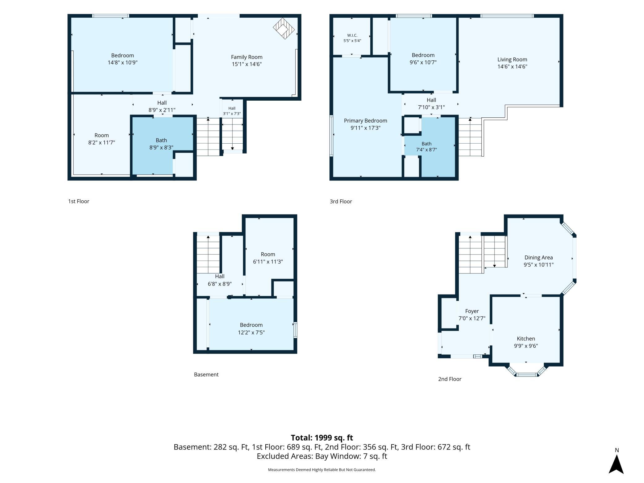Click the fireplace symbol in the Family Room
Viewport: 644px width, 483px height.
pyautogui.click(x=284, y=28)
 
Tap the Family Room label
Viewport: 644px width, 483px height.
pyautogui.click(x=247, y=57)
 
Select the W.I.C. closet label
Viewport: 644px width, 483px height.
pyautogui.click(x=352, y=35)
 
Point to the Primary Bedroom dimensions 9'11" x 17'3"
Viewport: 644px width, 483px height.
pyautogui.click(x=365, y=128)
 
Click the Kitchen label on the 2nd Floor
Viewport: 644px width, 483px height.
pyautogui.click(x=526, y=339)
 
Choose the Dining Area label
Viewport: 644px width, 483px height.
pyautogui.click(x=538, y=258)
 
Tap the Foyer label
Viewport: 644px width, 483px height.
pyautogui.click(x=472, y=311)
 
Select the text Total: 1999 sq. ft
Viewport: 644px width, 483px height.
pyautogui.click(x=322, y=437)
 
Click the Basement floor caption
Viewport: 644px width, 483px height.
pyautogui.click(x=206, y=375)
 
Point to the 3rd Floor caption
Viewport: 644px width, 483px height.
pyautogui.click(x=341, y=202)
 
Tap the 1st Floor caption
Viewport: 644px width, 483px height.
pyautogui.click(x=79, y=201)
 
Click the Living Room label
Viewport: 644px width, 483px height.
pyautogui.click(x=512, y=59)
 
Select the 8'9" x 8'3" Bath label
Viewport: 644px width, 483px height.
pyautogui.click(x=161, y=144)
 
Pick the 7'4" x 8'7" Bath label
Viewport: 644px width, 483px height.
pyautogui.click(x=426, y=147)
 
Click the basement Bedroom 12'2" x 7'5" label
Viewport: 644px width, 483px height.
pyautogui.click(x=251, y=329)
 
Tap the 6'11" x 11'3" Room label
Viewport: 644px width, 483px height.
pyautogui.click(x=268, y=258)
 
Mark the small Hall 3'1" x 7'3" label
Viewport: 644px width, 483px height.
pyautogui.click(x=232, y=111)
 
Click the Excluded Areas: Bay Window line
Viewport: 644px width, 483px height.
pyautogui.click(x=322, y=456)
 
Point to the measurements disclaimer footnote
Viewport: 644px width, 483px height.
pyautogui.click(x=322, y=470)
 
